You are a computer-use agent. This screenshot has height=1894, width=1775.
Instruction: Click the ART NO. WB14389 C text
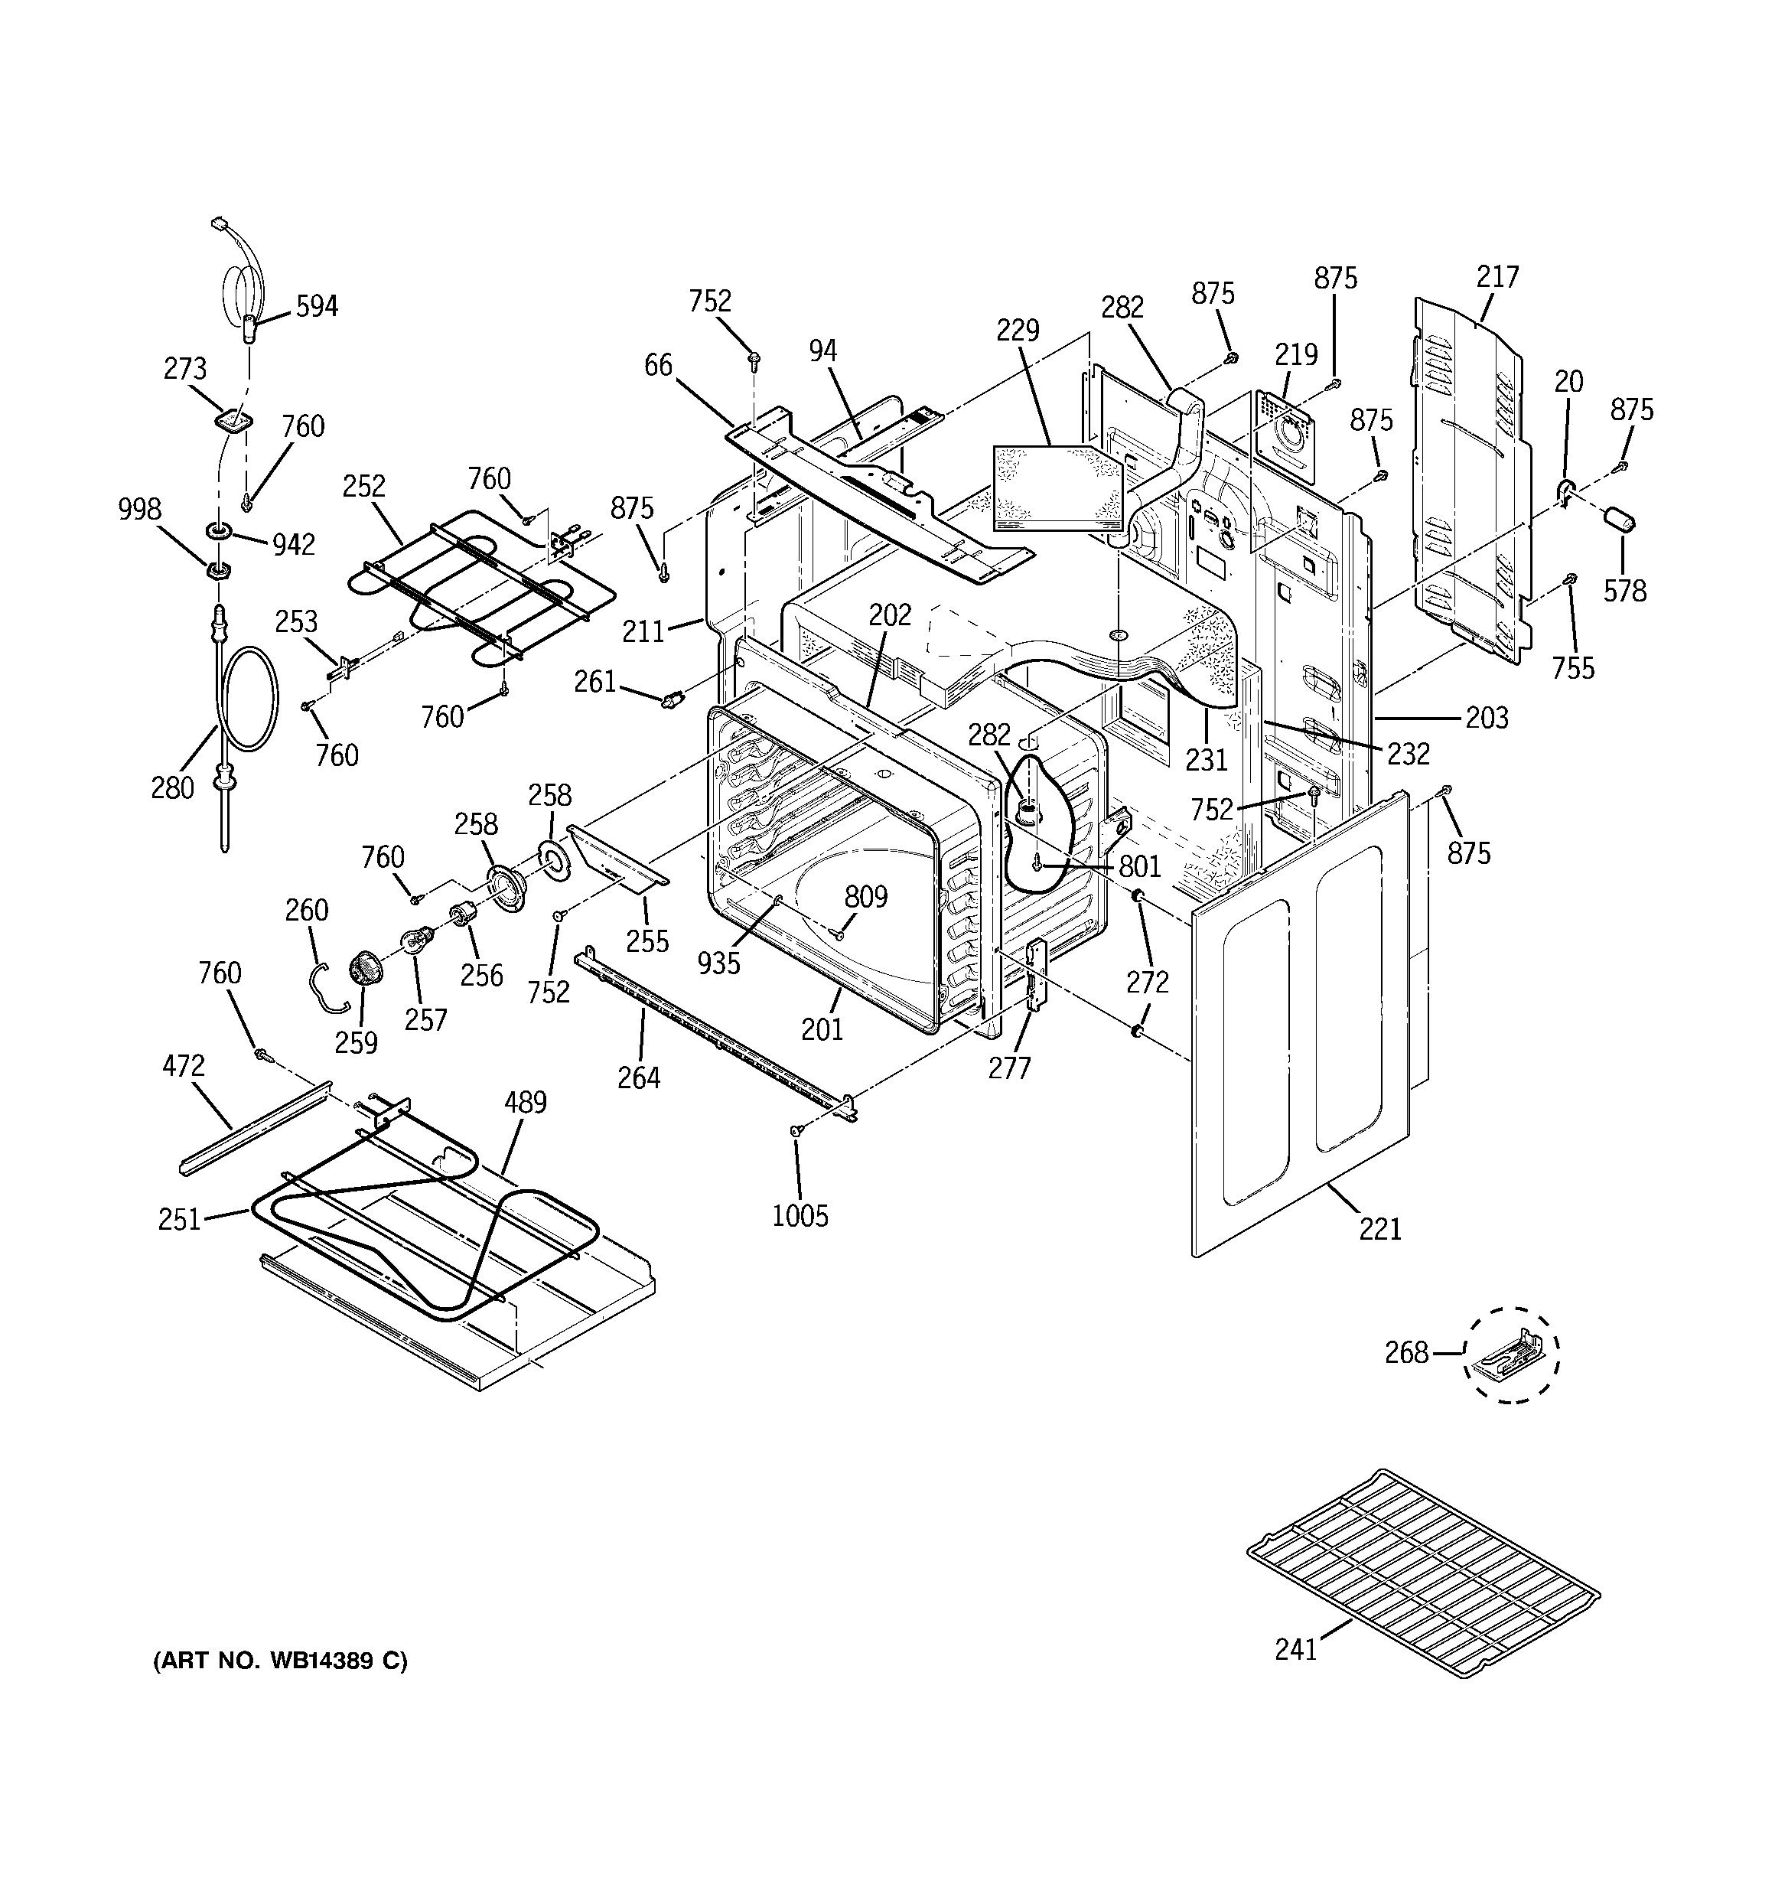tap(280, 1661)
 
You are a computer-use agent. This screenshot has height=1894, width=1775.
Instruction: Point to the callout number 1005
tap(800, 1216)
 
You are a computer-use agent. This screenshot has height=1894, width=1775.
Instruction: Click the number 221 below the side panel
tap(1379, 1229)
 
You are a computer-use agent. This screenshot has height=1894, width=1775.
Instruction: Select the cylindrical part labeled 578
tap(1619, 521)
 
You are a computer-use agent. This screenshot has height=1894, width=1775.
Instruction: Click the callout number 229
tap(1018, 331)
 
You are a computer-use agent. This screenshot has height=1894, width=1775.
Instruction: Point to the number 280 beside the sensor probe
tap(172, 787)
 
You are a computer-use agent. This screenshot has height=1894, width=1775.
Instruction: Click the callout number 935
tap(718, 963)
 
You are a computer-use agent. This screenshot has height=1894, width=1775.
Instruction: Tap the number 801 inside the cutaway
tap(1138, 866)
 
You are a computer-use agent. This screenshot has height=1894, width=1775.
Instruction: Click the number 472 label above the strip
tap(183, 1065)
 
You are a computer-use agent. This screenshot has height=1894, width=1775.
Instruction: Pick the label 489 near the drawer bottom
tap(524, 1102)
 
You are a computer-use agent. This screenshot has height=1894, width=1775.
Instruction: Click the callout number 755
tap(1572, 668)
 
